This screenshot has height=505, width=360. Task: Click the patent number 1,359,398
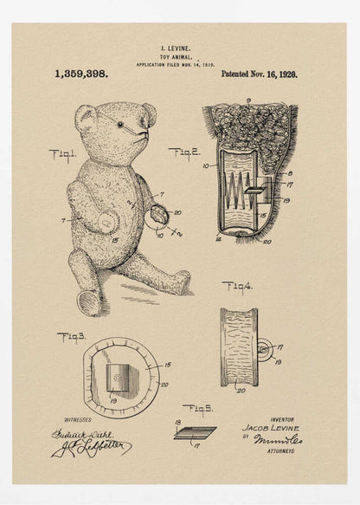[81, 74]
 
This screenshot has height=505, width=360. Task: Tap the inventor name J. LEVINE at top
[176, 50]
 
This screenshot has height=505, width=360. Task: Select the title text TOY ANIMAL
[176, 58]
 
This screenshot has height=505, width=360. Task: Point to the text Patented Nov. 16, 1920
[259, 74]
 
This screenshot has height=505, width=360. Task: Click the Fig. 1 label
[62, 156]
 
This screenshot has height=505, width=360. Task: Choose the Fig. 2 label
[184, 153]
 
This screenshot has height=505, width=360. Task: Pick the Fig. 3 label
[71, 337]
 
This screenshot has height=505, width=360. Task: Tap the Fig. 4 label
[237, 286]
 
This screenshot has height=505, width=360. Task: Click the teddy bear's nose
[141, 134]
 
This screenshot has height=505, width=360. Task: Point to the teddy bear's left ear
[85, 117]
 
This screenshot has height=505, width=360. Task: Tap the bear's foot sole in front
[88, 302]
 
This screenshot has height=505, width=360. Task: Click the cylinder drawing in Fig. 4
[239, 346]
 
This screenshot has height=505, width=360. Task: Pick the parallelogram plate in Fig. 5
[195, 432]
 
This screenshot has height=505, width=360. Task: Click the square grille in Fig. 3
[118, 378]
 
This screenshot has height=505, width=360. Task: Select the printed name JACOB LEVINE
[271, 428]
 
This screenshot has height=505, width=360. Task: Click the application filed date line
[176, 65]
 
